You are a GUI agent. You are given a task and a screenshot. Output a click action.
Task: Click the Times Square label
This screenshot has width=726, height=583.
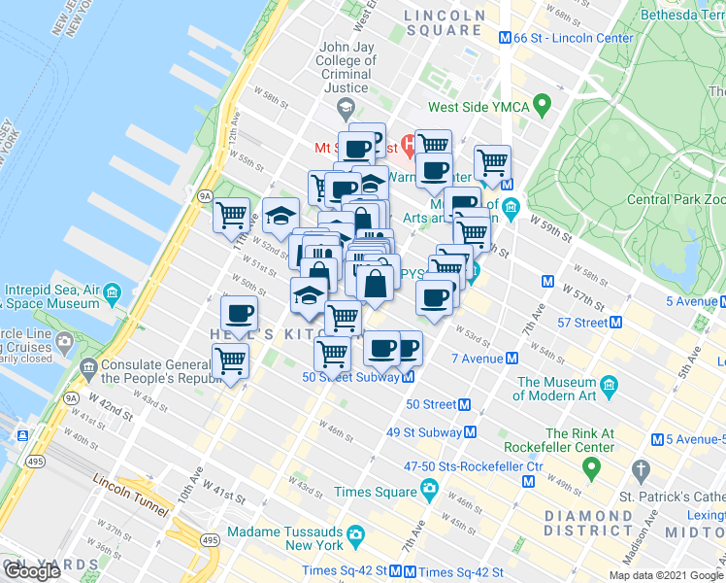[x=375, y=493]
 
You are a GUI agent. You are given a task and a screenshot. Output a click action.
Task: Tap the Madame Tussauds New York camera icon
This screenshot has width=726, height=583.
[x=356, y=533]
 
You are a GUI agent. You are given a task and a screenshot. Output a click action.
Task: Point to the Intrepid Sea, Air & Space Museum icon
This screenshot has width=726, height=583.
[x=114, y=291]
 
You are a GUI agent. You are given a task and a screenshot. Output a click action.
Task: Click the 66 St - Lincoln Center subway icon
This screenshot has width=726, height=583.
[x=505, y=38]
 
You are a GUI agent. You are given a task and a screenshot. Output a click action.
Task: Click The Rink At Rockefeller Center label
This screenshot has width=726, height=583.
[x=579, y=440]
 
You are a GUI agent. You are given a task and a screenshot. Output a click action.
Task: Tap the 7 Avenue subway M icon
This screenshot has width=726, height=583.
[x=511, y=359]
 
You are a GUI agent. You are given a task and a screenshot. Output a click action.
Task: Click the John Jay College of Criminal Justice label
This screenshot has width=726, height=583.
[x=346, y=68]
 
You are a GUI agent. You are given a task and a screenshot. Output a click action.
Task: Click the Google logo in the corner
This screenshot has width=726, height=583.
[x=32, y=571]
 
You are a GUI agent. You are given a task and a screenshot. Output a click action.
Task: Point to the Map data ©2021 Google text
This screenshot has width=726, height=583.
[x=667, y=575]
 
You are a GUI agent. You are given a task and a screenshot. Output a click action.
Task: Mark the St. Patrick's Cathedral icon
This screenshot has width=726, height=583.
[x=640, y=472]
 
